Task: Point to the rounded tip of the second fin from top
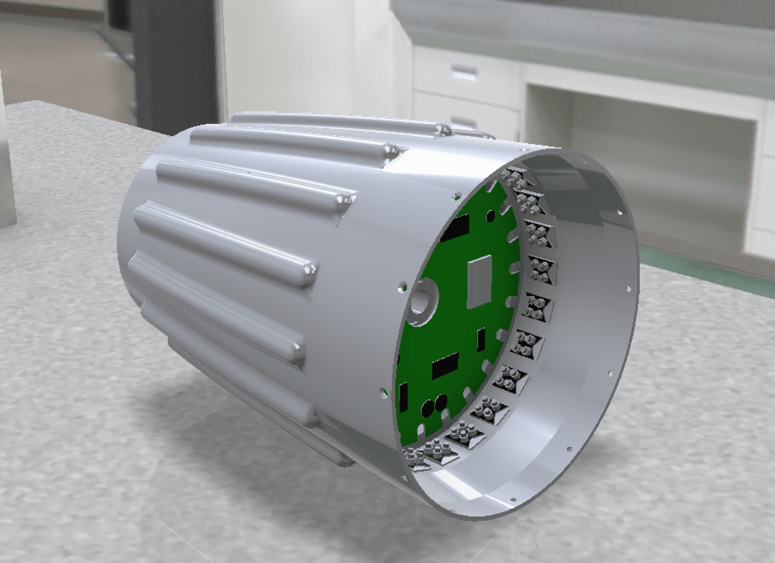coord(391,152)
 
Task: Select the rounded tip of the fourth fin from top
coord(306,275)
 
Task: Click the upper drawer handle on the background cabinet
coord(464,73)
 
